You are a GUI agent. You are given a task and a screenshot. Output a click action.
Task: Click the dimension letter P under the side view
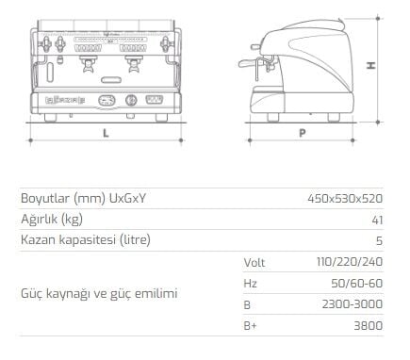point(302,133)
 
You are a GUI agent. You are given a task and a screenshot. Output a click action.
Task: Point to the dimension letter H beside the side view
point(371,65)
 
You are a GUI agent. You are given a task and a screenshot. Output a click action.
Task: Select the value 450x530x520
point(345,199)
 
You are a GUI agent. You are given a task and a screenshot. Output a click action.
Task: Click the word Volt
point(254,261)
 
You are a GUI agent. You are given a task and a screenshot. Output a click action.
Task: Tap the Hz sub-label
point(250,282)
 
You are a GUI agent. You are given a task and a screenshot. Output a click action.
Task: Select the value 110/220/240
point(352,261)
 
